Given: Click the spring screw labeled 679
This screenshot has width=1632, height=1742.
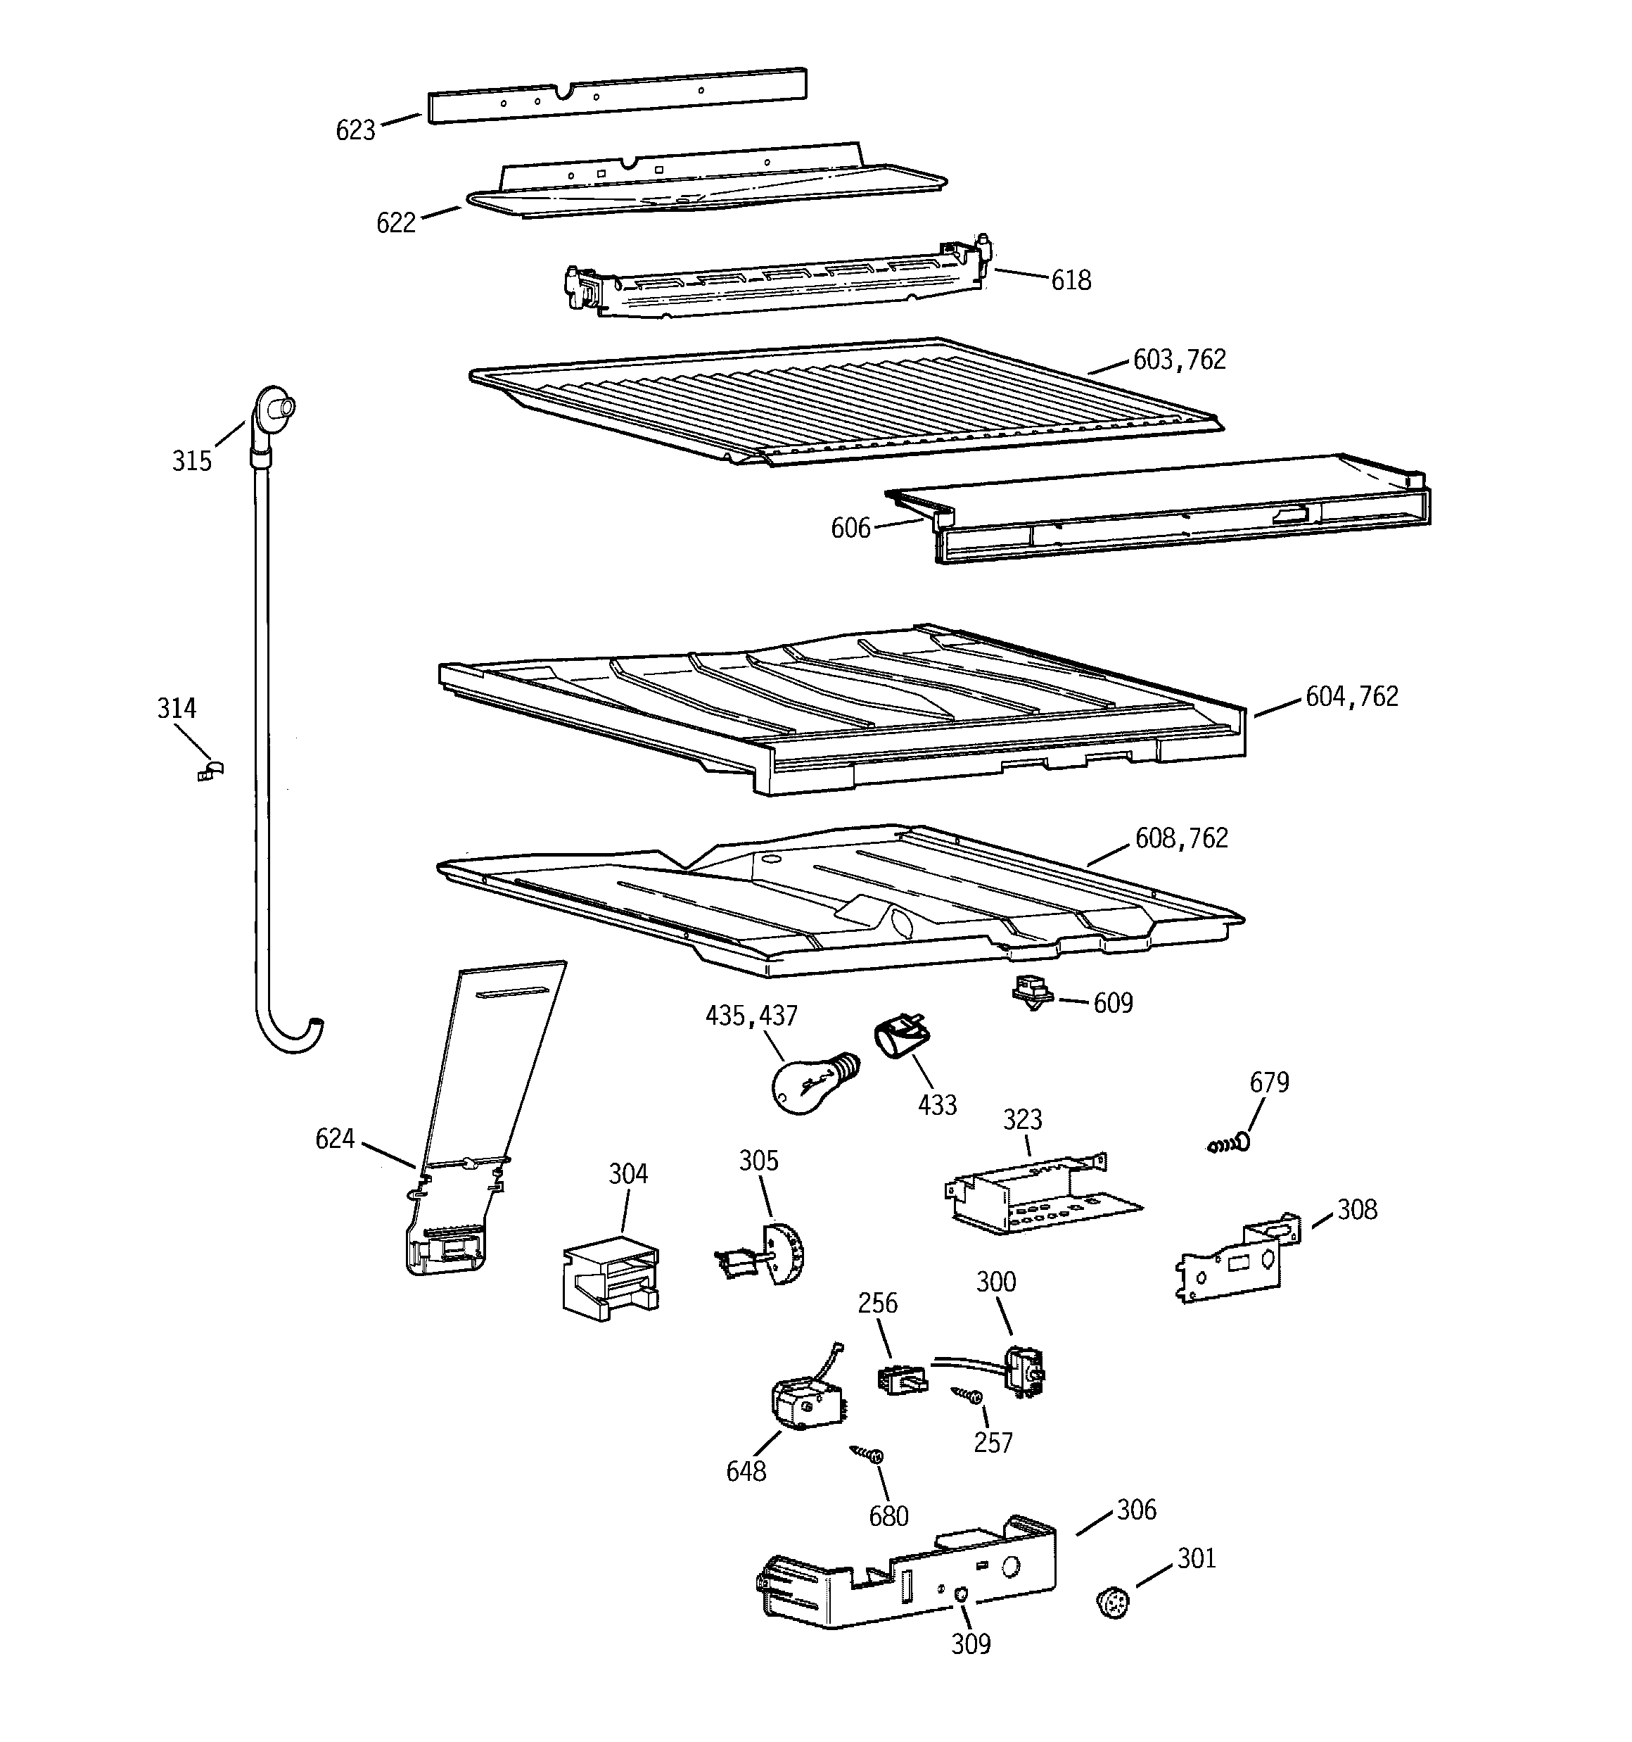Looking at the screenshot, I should tap(1229, 1144).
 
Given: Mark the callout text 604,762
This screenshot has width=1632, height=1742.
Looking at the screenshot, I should tap(1352, 697).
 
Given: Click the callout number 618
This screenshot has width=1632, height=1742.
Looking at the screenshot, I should tap(1071, 280).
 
